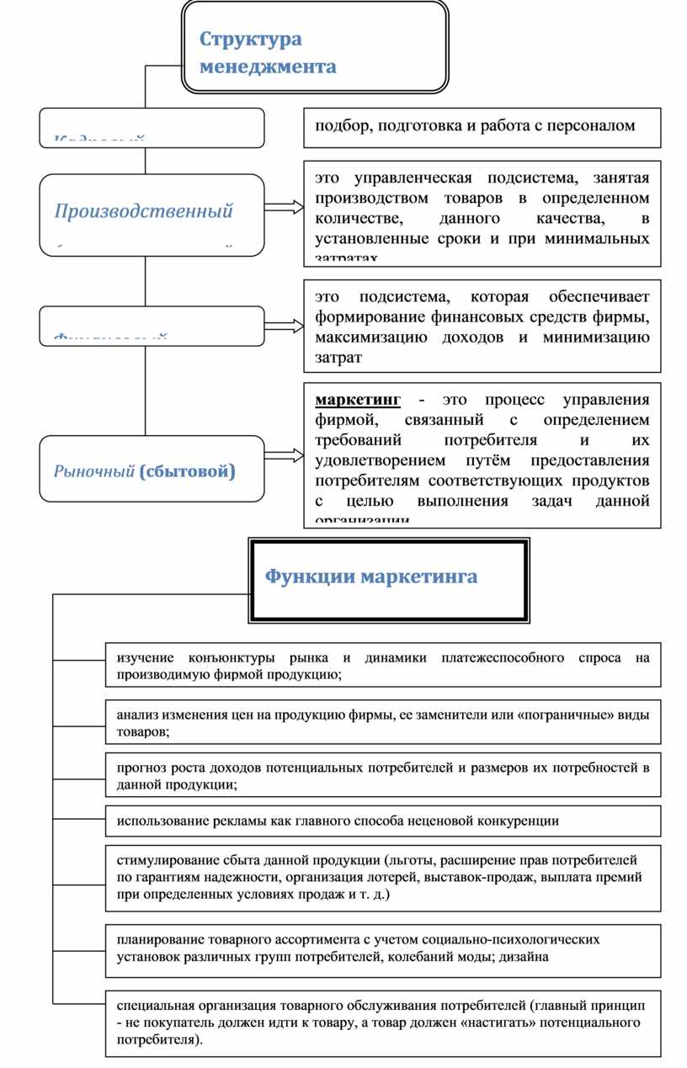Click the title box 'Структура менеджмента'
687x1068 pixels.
click(315, 47)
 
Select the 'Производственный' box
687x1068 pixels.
click(152, 214)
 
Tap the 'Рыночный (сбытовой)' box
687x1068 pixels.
click(152, 469)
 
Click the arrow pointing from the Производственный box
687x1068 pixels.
click(285, 207)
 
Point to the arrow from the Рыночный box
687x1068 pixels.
click(285, 455)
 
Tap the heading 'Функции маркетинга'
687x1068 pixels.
click(371, 577)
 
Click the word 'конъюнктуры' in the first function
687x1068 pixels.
click(232, 657)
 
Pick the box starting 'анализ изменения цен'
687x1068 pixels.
click(383, 722)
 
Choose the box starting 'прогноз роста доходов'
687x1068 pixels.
click(383, 775)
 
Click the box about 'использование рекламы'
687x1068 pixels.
click(383, 821)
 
